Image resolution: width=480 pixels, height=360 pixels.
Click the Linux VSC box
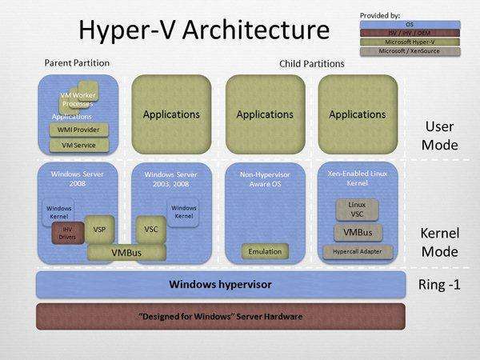pos(358,210)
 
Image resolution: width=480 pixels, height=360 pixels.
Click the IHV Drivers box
pos(67,233)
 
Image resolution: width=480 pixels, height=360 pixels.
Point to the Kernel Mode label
pos(439,242)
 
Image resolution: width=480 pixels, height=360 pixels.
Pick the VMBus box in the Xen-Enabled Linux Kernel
pos(358,233)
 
